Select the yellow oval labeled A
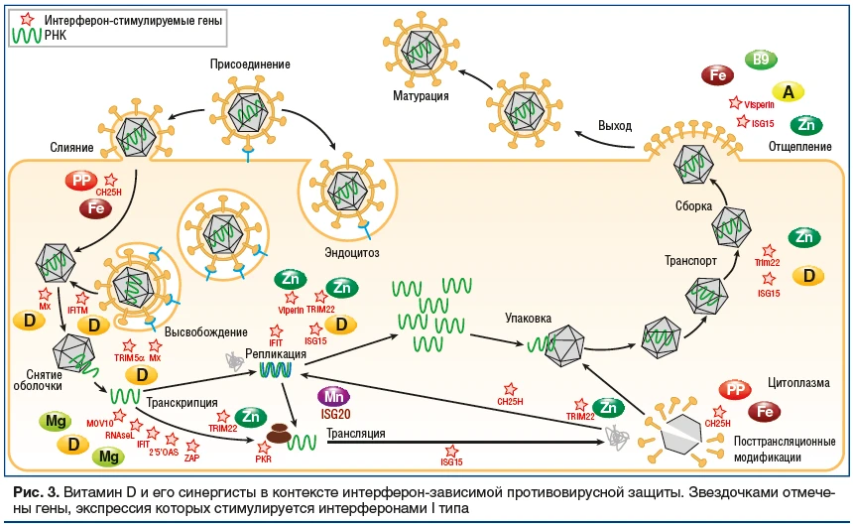(789, 91)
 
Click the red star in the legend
(27, 19)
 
